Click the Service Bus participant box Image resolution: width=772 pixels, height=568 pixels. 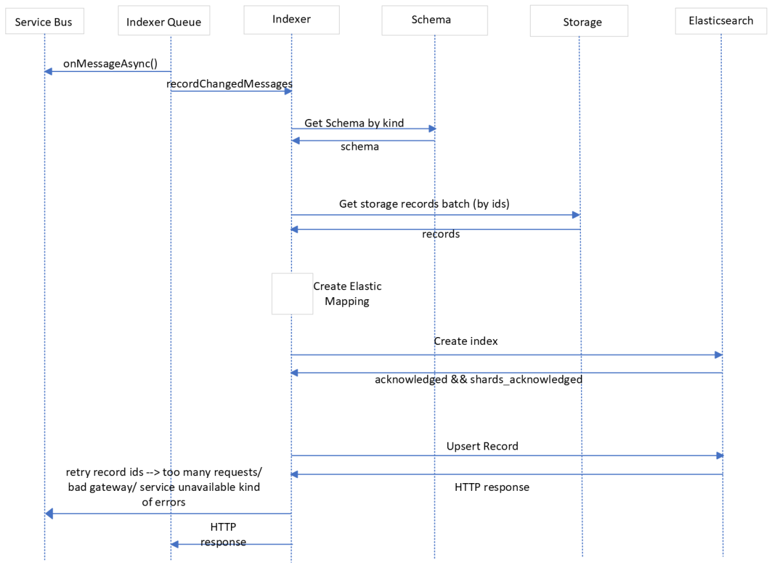pos(44,22)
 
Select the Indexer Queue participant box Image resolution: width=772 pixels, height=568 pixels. pos(163,22)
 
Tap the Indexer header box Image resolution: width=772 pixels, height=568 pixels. pos(291,19)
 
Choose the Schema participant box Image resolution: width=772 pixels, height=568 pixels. pos(431,20)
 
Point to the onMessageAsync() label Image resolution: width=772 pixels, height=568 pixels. pos(110,63)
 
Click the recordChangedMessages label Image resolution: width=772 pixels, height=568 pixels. pos(229,84)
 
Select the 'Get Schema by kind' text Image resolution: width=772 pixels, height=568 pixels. pos(354,123)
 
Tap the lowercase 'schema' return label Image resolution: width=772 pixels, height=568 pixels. pos(360,147)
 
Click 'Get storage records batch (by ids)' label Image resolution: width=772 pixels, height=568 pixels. pos(424,204)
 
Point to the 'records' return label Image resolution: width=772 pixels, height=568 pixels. pos(441,234)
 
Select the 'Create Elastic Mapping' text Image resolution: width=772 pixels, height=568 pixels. pos(347,293)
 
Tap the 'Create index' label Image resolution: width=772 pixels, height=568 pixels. pos(465,341)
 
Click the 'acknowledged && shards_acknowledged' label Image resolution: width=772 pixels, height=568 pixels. pos(478,380)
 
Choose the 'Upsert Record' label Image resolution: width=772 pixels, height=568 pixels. pos(482,446)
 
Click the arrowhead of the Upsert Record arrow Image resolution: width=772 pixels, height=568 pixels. pos(720,455)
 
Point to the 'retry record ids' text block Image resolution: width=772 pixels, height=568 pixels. pos(163,487)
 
